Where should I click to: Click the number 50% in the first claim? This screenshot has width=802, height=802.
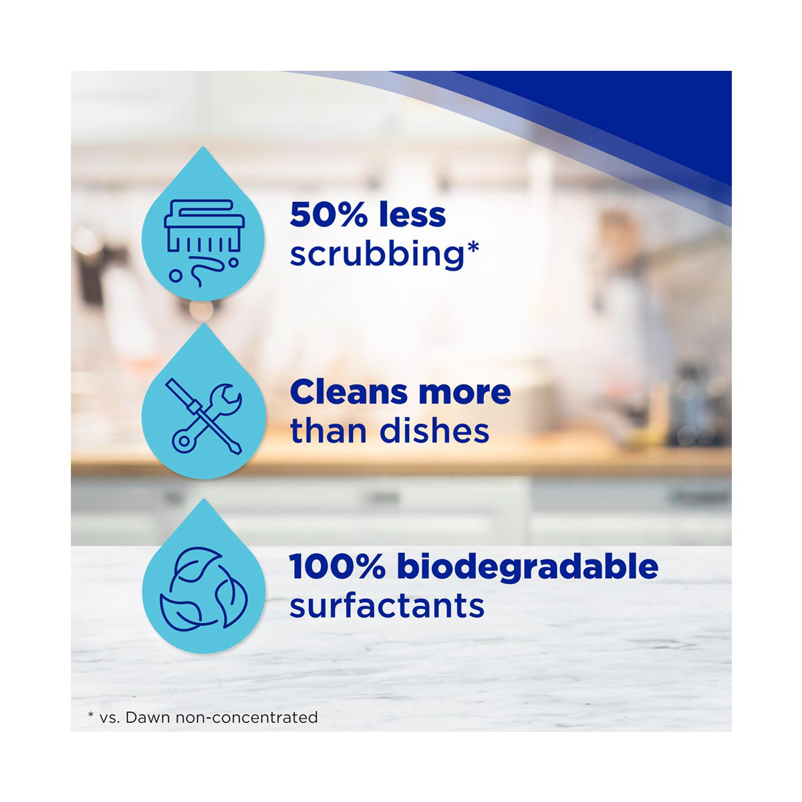point(328,215)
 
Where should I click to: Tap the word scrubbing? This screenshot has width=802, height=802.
point(376,255)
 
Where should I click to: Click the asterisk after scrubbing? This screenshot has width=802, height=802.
point(472,248)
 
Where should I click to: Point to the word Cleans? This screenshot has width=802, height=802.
point(348,392)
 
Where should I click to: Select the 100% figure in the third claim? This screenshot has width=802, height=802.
point(337,567)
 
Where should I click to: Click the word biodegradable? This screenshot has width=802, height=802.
point(527,567)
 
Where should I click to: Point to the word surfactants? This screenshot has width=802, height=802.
point(387,606)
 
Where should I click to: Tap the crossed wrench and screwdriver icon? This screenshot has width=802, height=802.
point(204,418)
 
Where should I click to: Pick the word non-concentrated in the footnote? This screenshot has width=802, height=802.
point(247,718)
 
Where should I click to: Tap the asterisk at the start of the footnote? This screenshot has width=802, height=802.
point(91,714)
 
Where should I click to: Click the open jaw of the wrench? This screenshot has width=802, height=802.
point(229,394)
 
